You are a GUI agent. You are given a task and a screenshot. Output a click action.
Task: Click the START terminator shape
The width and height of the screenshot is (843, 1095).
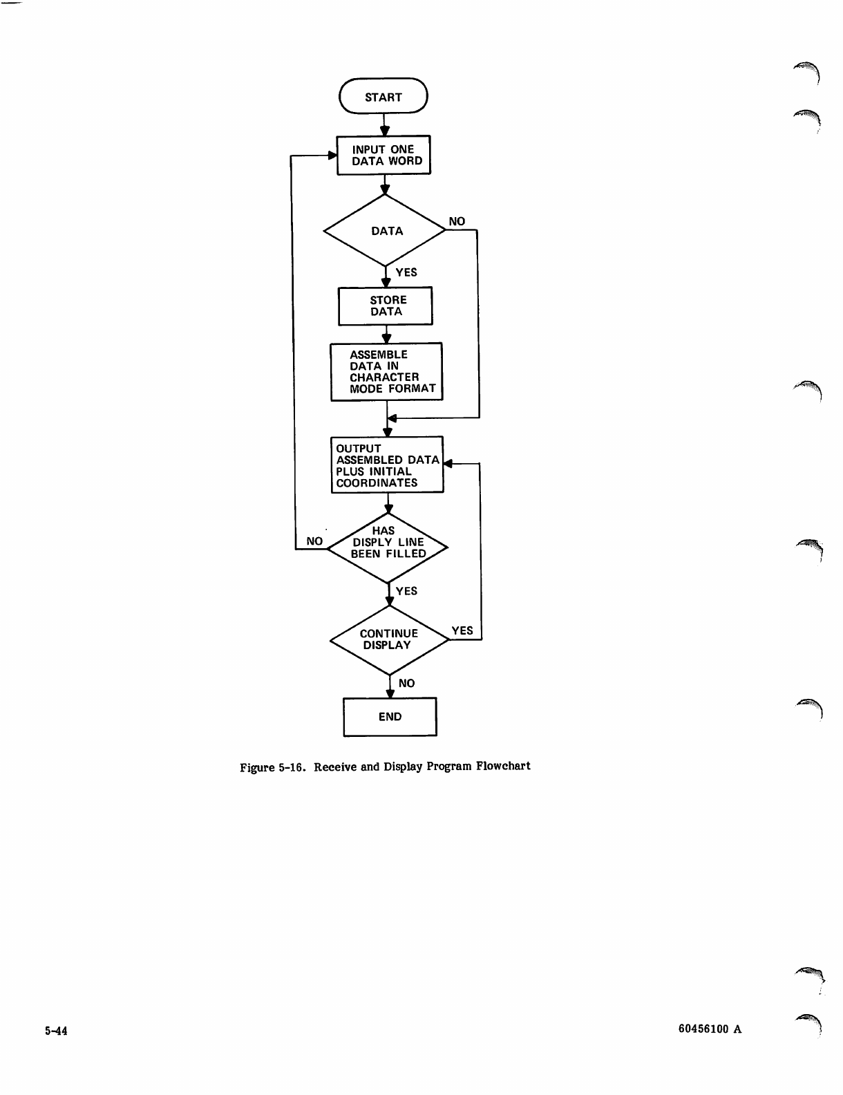383,97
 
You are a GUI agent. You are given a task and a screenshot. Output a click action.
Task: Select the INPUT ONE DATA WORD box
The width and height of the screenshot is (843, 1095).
383,155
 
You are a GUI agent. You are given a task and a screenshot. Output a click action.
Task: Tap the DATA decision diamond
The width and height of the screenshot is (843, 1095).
386,231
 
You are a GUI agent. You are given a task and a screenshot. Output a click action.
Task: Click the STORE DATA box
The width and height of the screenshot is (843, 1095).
386,306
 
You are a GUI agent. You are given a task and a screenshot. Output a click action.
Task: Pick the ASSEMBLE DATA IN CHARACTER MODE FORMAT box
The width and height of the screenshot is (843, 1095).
386,372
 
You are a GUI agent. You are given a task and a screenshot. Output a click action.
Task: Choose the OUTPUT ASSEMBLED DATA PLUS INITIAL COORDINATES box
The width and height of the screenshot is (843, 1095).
387,465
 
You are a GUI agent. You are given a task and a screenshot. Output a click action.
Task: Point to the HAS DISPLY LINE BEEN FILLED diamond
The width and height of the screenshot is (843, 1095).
387,547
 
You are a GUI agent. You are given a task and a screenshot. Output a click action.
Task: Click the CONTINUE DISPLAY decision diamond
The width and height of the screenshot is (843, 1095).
389,639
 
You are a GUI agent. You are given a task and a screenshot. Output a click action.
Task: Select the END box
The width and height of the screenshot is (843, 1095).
390,717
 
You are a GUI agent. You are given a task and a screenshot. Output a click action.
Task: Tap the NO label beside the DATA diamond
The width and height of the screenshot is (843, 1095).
457,221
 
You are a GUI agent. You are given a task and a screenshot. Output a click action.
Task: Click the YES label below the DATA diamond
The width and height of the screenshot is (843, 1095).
406,272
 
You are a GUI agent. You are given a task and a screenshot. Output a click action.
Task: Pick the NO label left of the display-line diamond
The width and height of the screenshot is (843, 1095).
314,541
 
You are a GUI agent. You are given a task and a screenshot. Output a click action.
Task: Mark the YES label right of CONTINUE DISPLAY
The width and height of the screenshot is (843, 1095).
462,630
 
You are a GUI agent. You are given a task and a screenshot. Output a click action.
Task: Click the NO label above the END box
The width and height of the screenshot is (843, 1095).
407,683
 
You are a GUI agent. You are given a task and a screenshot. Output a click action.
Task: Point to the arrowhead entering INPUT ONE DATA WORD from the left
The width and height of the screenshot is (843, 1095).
332,155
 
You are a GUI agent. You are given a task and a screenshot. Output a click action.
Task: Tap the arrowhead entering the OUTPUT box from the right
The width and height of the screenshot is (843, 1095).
448,465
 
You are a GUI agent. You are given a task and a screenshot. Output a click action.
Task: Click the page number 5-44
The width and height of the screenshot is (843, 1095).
56,1031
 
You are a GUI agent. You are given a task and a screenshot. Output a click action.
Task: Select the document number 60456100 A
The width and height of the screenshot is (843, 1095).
710,1029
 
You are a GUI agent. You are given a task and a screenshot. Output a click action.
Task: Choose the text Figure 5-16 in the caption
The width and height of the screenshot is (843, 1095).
272,767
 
